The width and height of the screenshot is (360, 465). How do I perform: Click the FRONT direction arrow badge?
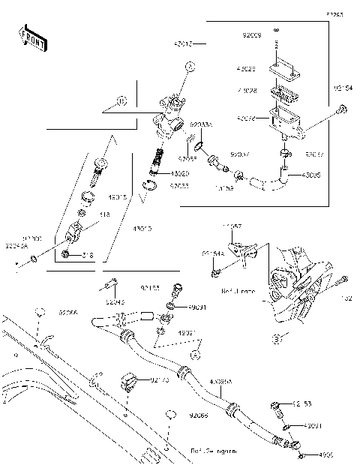tap(32, 40)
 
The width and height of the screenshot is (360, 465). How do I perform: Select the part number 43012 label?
tap(184, 44)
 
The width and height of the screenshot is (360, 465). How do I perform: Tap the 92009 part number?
tap(252, 34)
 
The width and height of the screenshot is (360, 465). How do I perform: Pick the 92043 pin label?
tap(115, 302)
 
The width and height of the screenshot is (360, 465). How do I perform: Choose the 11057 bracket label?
tap(231, 225)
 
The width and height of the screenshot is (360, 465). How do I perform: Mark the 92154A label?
tap(212, 253)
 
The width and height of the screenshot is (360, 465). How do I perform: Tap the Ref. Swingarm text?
tap(212, 451)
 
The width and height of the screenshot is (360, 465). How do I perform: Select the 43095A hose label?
tap(220, 382)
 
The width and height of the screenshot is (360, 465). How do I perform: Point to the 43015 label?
tap(118, 198)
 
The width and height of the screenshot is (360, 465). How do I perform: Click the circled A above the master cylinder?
tap(190, 67)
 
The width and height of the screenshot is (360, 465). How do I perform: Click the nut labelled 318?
tap(67, 256)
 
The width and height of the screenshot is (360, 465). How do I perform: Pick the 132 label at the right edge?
tap(346, 298)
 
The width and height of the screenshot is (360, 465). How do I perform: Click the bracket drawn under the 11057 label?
tap(240, 246)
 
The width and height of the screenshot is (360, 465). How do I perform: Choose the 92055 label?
tap(187, 158)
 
